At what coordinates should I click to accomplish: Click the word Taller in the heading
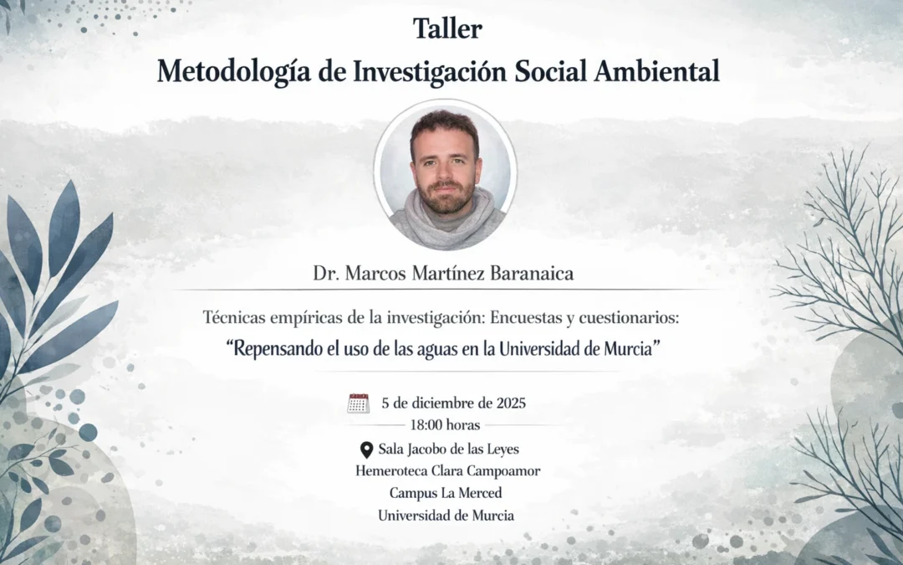[x=447, y=28]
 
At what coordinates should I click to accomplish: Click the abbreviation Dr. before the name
[x=325, y=274]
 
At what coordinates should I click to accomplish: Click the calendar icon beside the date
[x=359, y=403]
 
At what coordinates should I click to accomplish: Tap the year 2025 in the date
[x=511, y=403]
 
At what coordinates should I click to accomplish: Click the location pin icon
[x=366, y=450]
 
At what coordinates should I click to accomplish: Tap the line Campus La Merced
[x=446, y=493]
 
